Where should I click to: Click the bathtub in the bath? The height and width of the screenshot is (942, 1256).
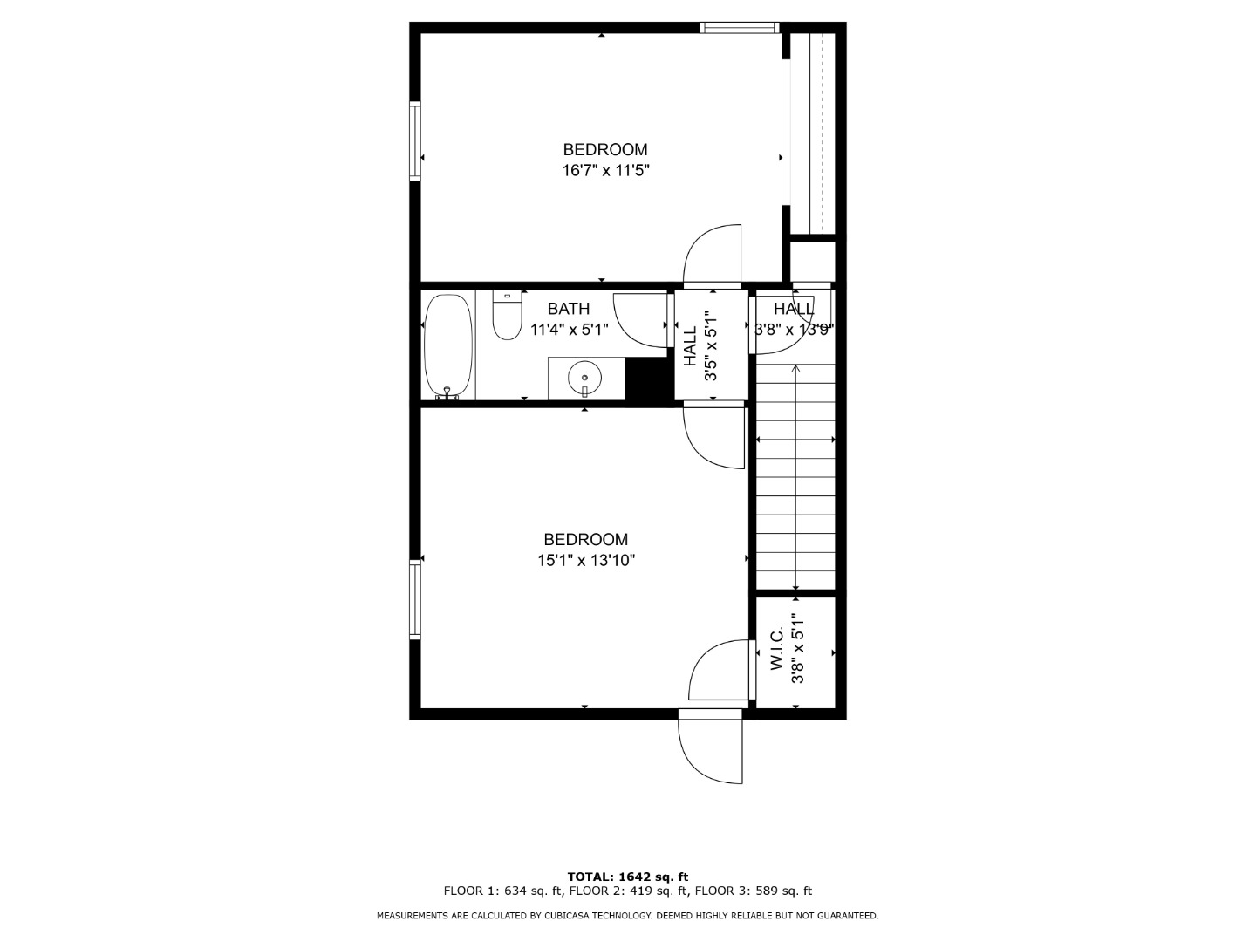click(x=448, y=346)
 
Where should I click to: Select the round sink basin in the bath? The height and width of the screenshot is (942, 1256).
click(x=584, y=378)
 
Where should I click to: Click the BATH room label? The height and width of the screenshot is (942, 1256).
click(x=568, y=309)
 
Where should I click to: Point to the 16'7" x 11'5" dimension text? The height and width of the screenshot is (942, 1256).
click(x=606, y=170)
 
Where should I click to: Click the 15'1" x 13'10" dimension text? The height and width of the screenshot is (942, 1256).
click(x=586, y=561)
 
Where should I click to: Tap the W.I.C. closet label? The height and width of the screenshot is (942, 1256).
click(x=776, y=648)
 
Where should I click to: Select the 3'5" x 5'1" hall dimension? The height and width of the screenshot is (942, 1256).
click(x=710, y=346)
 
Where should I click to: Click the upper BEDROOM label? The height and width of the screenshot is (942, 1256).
click(x=605, y=149)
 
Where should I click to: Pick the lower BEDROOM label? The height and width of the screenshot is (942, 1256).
click(x=586, y=539)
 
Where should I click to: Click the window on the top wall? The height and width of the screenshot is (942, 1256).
click(x=740, y=27)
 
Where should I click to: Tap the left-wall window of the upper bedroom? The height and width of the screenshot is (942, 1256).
click(x=415, y=141)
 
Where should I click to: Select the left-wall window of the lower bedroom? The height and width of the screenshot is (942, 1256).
click(x=415, y=599)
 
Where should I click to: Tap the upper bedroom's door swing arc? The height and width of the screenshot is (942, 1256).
click(x=713, y=253)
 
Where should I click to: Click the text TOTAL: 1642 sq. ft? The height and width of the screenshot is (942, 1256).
click(x=628, y=877)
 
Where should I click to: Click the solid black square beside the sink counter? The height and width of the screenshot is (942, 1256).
click(x=650, y=379)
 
